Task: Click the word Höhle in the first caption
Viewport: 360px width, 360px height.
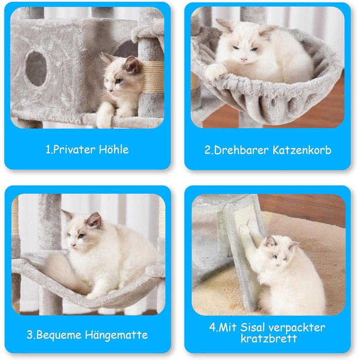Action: (x=114, y=150)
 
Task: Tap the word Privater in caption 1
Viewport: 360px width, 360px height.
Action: (x=74, y=150)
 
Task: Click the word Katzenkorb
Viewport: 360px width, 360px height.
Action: (x=302, y=150)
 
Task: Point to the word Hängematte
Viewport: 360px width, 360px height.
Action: (x=116, y=334)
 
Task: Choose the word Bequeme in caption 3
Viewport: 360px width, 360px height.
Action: (x=59, y=335)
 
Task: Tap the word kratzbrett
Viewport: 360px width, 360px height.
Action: (x=269, y=338)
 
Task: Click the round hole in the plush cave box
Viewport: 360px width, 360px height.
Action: (x=36, y=68)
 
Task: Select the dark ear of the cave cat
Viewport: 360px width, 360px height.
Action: (x=132, y=64)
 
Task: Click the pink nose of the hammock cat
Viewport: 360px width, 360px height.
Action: (x=73, y=245)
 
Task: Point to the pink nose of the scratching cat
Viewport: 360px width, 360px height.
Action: (x=278, y=265)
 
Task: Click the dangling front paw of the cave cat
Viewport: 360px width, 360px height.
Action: (x=103, y=115)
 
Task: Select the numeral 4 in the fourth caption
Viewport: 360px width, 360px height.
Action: (x=212, y=327)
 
